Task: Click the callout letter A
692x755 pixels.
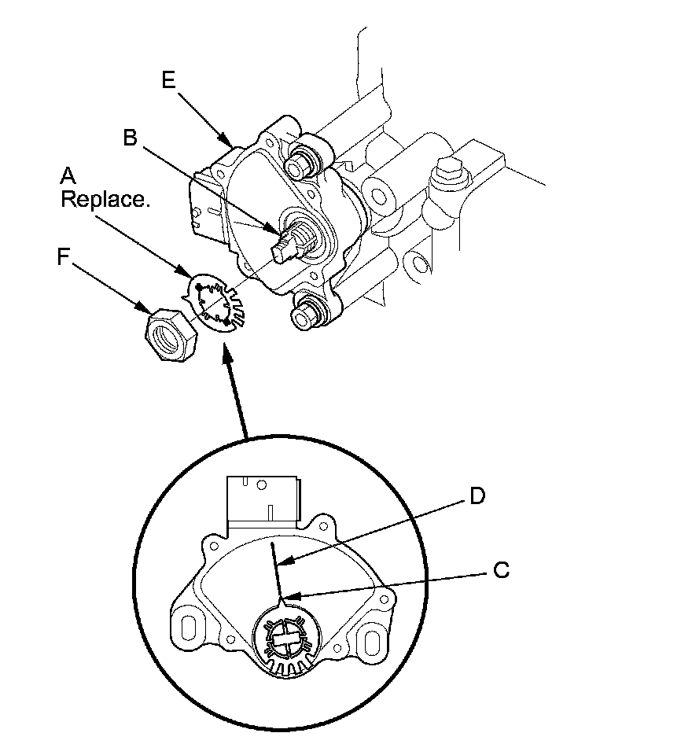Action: click(x=69, y=175)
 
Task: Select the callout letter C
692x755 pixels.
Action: click(x=501, y=570)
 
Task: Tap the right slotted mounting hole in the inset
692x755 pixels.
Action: click(x=367, y=641)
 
